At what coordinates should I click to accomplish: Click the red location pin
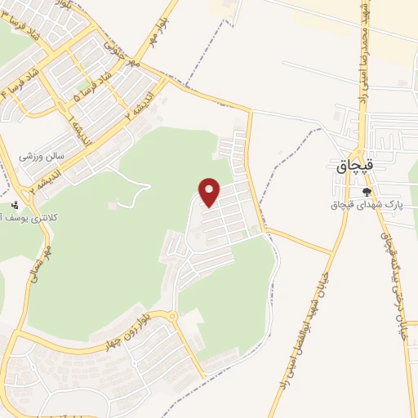(210, 191)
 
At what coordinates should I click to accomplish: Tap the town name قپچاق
(355, 166)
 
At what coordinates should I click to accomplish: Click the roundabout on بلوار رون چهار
(172, 317)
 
